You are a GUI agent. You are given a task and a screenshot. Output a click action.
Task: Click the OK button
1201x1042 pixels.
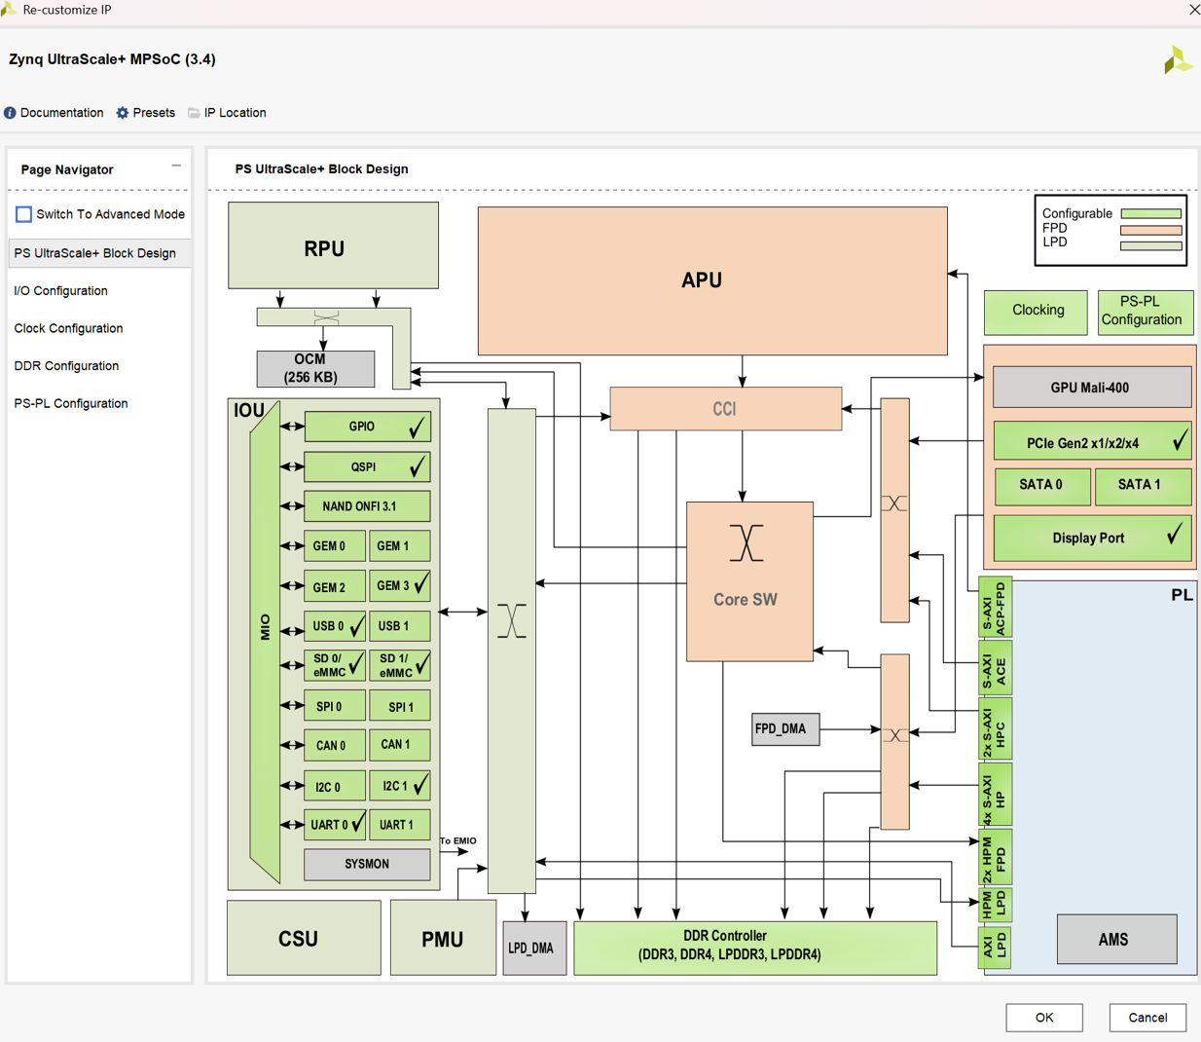pos(1044,1017)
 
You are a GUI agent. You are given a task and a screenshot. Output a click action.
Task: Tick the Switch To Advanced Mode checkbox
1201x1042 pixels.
pos(23,214)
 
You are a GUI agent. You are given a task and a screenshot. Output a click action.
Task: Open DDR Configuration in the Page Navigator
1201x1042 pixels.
pos(66,366)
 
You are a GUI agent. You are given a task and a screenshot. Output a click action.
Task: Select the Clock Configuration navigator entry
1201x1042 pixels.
pos(68,328)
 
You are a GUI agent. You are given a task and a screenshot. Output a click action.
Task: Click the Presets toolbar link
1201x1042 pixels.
pos(146,112)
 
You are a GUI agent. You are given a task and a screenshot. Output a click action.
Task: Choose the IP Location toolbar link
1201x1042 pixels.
pos(227,112)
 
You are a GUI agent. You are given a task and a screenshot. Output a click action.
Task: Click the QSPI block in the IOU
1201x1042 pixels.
pos(367,466)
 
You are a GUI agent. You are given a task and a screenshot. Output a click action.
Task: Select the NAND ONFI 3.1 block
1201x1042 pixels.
pos(367,505)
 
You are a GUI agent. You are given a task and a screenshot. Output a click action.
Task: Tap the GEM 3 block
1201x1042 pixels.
pos(400,585)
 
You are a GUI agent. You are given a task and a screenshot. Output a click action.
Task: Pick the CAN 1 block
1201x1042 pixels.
pos(400,745)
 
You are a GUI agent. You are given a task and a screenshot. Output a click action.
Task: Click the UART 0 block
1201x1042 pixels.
pos(335,825)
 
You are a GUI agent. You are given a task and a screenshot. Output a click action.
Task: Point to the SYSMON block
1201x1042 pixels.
pos(367,864)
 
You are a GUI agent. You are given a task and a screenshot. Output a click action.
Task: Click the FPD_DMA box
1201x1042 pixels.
pos(785,729)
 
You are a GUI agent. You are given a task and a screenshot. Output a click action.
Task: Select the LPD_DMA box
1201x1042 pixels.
pos(534,948)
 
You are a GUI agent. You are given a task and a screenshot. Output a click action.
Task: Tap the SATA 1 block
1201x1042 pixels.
pos(1143,485)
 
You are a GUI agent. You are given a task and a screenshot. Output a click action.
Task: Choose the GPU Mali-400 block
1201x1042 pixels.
pos(1092,388)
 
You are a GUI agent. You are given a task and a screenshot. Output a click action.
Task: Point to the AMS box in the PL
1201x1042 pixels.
pos(1116,939)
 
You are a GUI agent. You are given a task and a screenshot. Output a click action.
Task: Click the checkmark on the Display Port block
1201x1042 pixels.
pos(1175,533)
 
